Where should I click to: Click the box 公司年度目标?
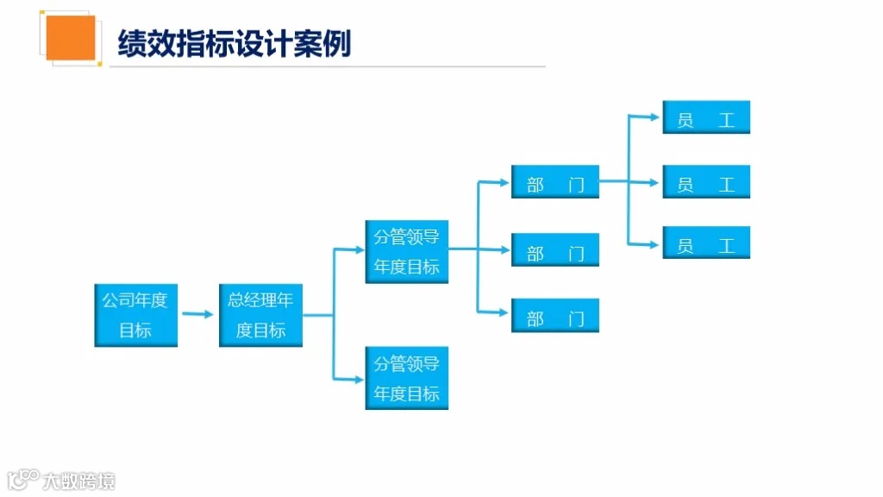(x=135, y=315)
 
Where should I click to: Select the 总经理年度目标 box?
(x=260, y=315)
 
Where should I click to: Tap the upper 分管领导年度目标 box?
(x=406, y=251)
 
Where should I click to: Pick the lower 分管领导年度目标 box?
(x=406, y=378)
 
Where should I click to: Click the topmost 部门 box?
(x=554, y=182)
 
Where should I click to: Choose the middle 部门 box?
(x=554, y=250)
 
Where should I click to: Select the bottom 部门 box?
(x=554, y=316)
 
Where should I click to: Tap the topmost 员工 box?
(x=705, y=117)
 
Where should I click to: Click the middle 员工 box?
(x=705, y=182)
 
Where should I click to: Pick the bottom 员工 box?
(x=705, y=242)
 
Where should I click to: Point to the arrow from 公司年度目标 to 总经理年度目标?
(x=197, y=315)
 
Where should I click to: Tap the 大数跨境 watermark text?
(x=78, y=481)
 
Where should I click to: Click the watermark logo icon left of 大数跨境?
(x=23, y=479)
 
